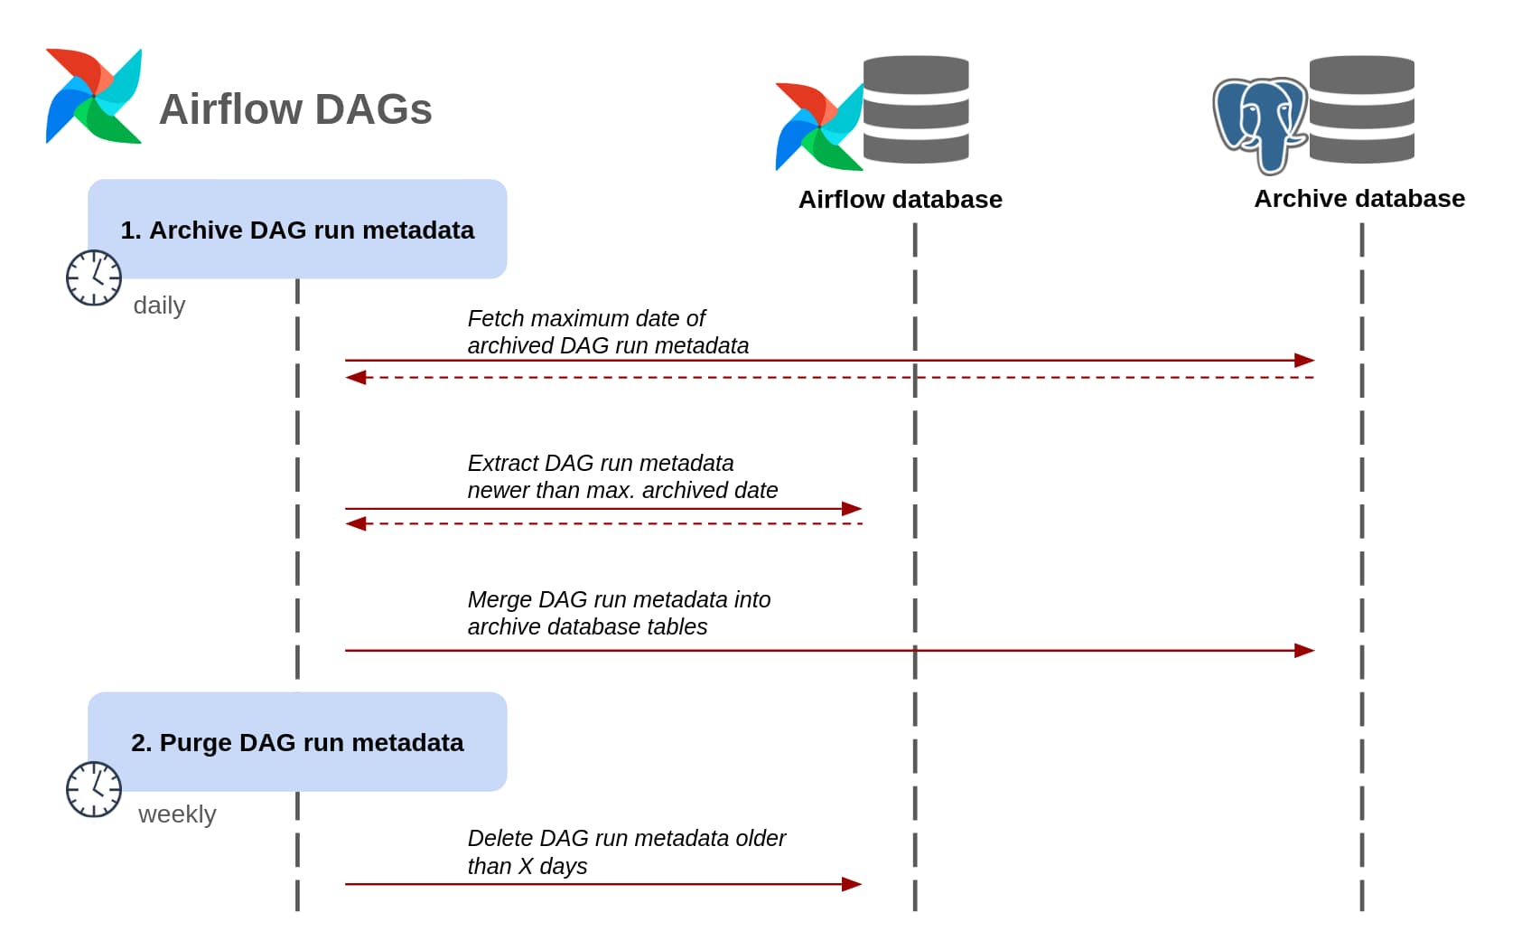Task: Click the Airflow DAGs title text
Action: click(295, 109)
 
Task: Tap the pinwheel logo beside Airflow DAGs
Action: click(94, 96)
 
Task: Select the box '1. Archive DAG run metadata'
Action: click(297, 230)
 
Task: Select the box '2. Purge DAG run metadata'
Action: click(297, 742)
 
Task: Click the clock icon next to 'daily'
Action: click(94, 277)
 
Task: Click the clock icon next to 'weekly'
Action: click(94, 789)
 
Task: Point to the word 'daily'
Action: click(159, 306)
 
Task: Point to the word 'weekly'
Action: click(177, 814)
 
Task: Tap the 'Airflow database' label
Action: click(900, 200)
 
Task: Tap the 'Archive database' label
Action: click(1358, 199)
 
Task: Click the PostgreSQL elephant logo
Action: click(1259, 124)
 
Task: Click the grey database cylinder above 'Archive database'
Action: click(1361, 109)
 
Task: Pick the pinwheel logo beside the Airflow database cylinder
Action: click(818, 127)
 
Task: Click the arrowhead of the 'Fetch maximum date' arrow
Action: click(1304, 361)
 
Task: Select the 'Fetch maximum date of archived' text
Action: click(607, 332)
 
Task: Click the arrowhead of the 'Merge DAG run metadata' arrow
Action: click(1304, 651)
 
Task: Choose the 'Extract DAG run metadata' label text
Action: click(621, 476)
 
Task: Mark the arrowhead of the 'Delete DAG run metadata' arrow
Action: click(852, 884)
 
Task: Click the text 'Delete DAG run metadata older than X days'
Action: click(626, 851)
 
